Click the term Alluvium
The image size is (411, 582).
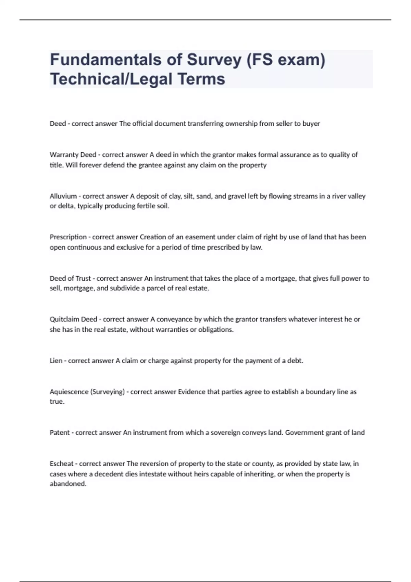point(63,196)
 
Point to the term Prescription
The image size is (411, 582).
point(68,237)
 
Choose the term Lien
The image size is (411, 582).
point(56,360)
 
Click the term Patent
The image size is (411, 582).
point(60,432)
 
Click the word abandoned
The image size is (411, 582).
point(68,484)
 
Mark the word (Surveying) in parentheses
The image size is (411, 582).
point(107,392)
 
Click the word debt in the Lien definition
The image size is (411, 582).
point(296,360)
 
